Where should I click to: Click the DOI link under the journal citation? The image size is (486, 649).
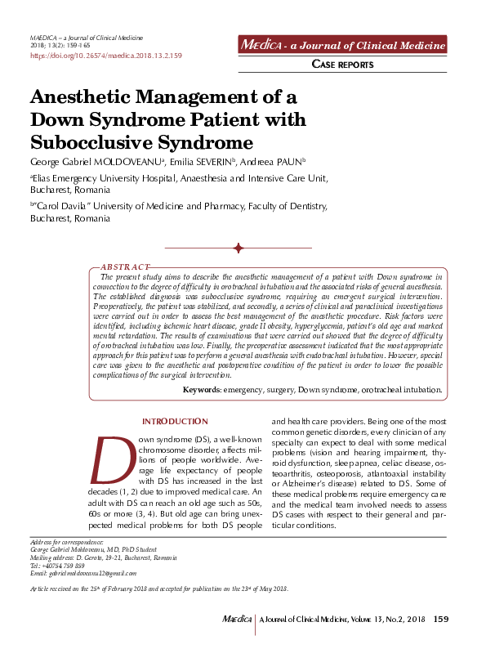[x=105, y=56]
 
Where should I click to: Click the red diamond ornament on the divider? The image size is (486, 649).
[x=238, y=248]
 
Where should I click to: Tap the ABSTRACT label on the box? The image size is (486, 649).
[x=125, y=267]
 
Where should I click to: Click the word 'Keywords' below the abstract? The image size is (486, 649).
[x=201, y=390]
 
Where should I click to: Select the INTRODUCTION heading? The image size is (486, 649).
[x=175, y=421]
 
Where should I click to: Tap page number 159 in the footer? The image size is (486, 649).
[x=440, y=619]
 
